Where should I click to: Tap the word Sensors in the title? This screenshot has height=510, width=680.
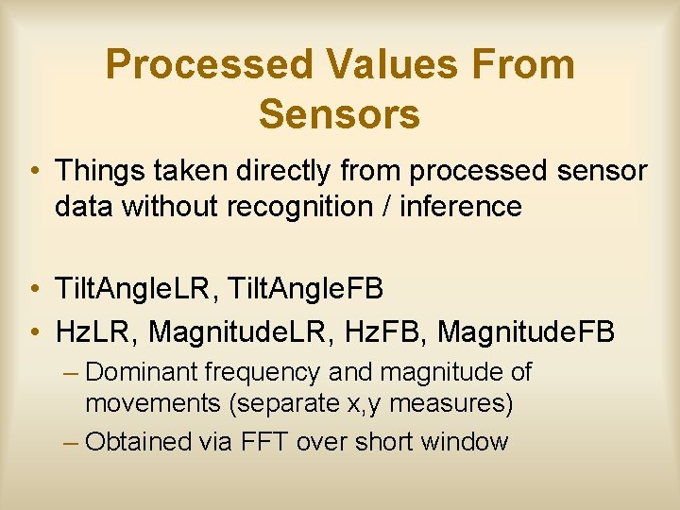coord(339,114)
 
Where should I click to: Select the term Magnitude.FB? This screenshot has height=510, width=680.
coord(527,331)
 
